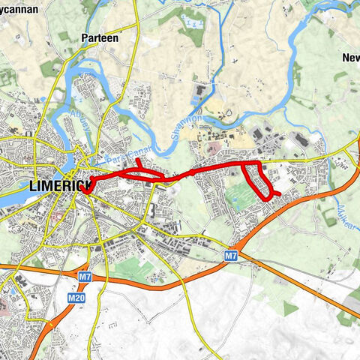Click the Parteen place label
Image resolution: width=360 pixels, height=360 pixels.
[x=97, y=37]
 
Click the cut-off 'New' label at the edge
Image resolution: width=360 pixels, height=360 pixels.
[x=350, y=58]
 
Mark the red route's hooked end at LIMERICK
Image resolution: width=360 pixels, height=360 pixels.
[x=88, y=189]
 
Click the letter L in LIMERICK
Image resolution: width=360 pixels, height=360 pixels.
[x=32, y=184]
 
